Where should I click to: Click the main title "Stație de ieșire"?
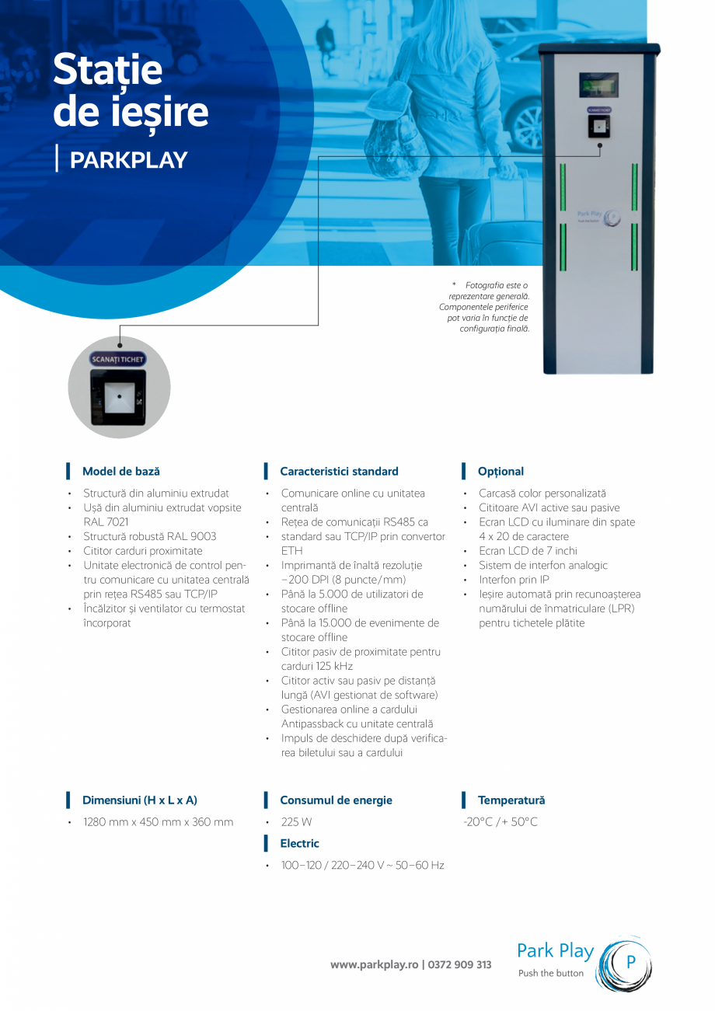131,92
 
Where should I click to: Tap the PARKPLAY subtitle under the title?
129,160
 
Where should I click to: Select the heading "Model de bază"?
121,471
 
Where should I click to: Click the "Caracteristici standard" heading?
339,471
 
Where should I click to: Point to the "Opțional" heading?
500,471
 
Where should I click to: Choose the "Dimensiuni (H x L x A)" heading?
140,800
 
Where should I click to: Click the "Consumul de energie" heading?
336,800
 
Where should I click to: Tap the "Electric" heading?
299,843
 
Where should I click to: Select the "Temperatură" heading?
511,800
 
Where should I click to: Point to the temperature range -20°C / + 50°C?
500,821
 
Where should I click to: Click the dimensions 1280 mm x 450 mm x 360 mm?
158,821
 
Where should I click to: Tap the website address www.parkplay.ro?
375,964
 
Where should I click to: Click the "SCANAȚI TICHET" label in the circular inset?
119,360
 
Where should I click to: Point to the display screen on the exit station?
598,85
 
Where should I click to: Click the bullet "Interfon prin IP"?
514,580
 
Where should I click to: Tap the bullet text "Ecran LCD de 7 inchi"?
528,551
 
